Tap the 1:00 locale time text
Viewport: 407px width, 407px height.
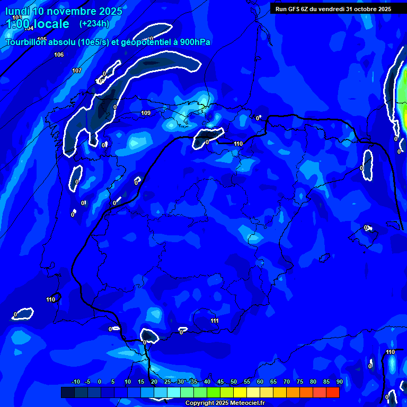(37, 24)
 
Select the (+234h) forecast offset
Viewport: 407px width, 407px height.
(94, 23)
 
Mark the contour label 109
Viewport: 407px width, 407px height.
(146, 113)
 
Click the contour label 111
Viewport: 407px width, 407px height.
(214, 321)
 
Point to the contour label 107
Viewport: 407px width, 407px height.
(77, 70)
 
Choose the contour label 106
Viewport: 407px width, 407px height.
(59, 55)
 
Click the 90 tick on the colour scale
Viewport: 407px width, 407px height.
(339, 382)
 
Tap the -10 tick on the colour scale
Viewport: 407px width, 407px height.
(75, 382)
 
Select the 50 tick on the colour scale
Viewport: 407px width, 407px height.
(233, 382)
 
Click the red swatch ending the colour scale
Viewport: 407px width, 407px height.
(332, 392)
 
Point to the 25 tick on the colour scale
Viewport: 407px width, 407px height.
(167, 382)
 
